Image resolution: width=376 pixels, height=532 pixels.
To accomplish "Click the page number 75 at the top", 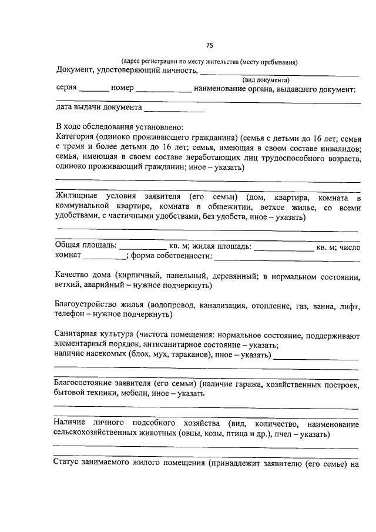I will pyautogui.click(x=210, y=46).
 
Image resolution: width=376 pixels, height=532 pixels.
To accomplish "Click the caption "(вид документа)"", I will pyautogui.click(x=265, y=79).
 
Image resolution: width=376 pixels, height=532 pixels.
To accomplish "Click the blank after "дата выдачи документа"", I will pyautogui.click(x=174, y=109).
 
